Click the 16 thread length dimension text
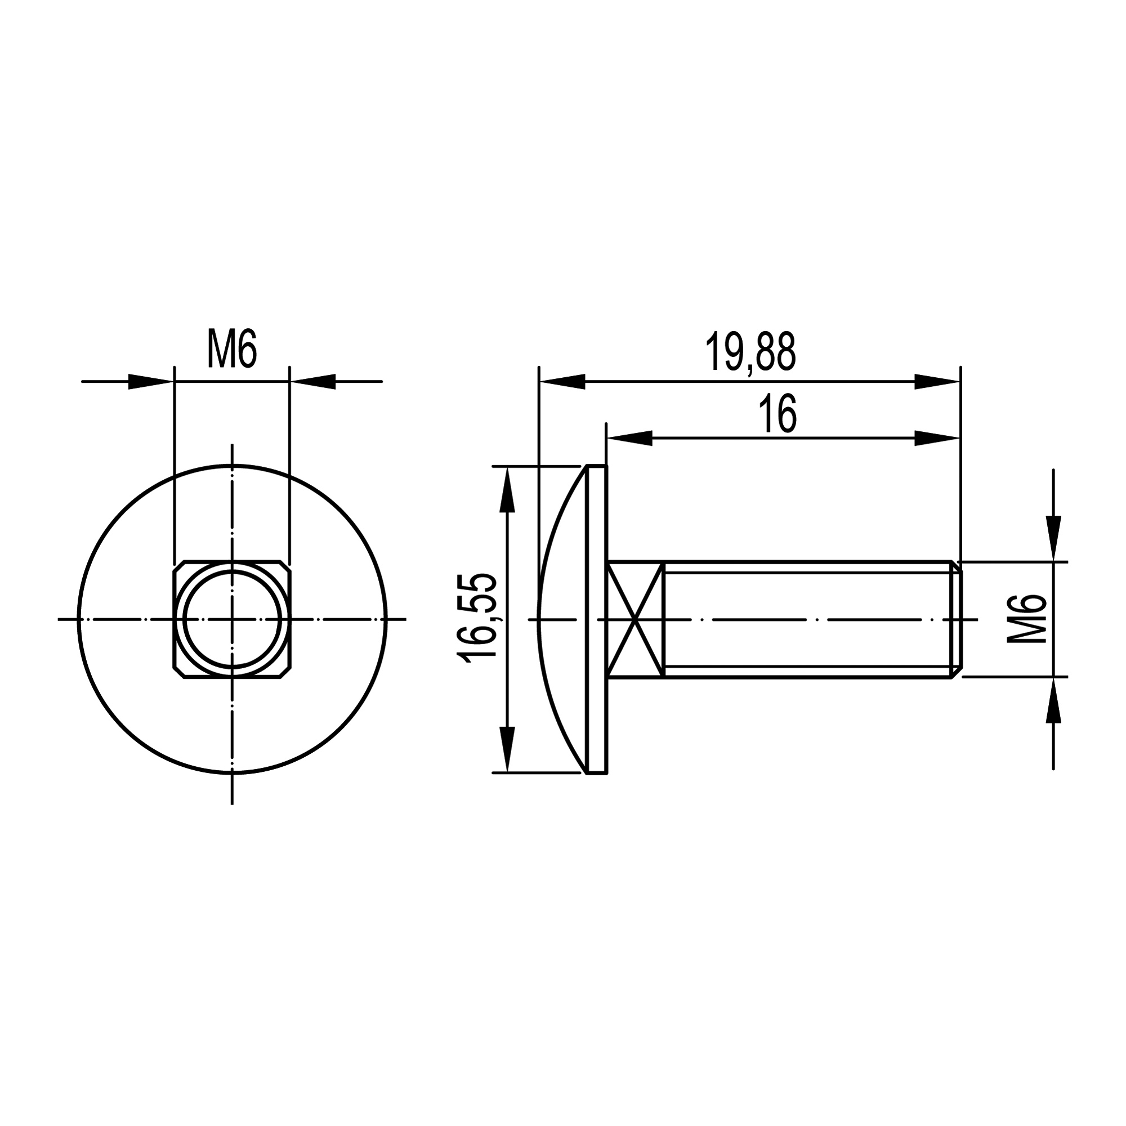coord(778,414)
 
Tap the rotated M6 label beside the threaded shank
coord(1026,619)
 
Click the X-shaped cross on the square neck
coord(636,619)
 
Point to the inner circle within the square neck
coord(232,619)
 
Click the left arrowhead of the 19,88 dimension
coord(562,382)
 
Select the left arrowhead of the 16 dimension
coord(629,438)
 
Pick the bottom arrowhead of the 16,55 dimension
coord(508,749)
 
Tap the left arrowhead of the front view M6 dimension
coord(150,382)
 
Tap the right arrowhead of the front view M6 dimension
coord(314,382)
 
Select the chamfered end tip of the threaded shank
coord(957,619)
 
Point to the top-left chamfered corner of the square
coord(179,566)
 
